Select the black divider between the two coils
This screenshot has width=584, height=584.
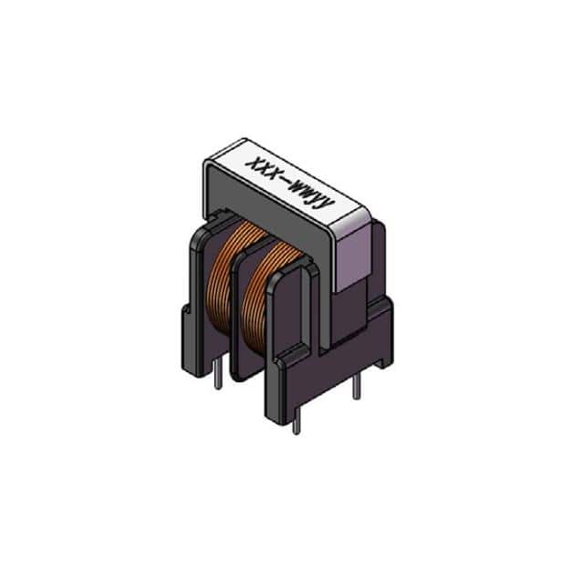click(245, 315)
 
